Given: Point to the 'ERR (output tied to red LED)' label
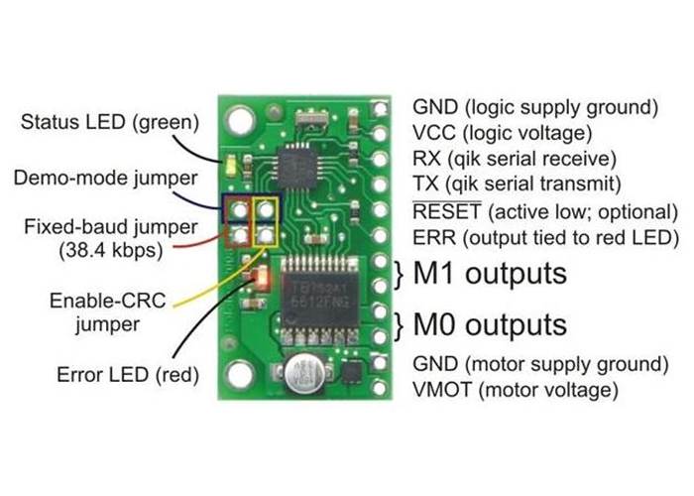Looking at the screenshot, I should point(542,238).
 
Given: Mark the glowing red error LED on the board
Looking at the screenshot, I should point(261,278).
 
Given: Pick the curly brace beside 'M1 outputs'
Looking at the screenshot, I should point(401,272).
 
